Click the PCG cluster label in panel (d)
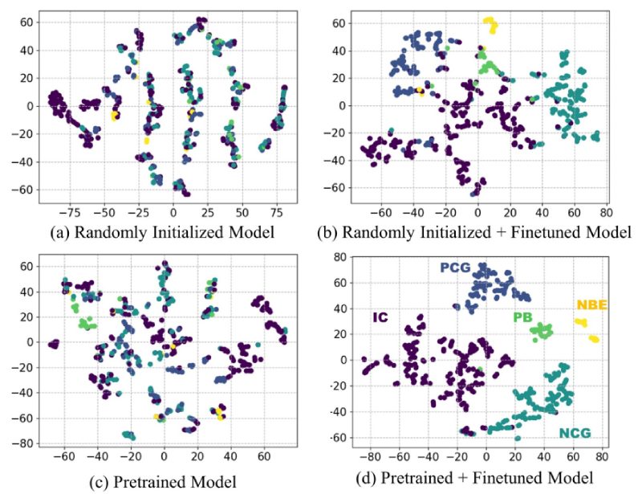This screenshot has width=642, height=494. tap(456, 267)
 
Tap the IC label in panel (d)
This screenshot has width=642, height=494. tap(380, 318)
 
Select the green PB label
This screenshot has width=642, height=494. tap(522, 316)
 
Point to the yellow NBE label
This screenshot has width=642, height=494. tap(591, 305)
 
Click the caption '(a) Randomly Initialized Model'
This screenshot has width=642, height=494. tap(158, 233)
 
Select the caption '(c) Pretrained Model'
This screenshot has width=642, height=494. tap(159, 482)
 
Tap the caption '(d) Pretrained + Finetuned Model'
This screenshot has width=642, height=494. tap(479, 480)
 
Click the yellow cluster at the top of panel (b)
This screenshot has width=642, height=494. tap(489, 26)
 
